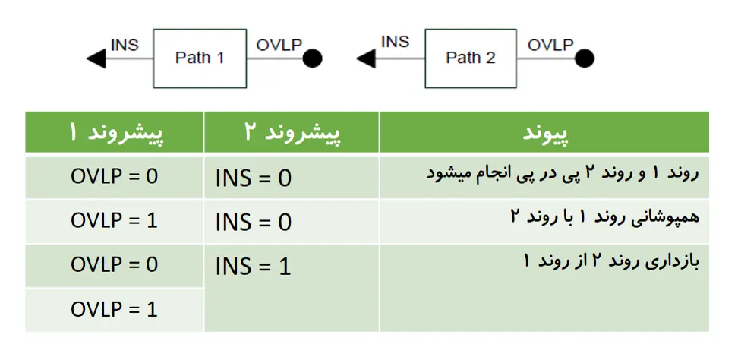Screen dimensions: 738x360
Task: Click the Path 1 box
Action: tap(200, 58)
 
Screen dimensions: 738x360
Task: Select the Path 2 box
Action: tap(471, 58)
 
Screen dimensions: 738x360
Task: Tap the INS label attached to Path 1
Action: tap(125, 45)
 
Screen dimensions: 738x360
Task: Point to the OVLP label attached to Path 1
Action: tap(279, 45)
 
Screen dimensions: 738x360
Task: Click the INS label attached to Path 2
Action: tap(396, 42)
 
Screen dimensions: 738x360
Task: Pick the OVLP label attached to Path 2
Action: tap(550, 45)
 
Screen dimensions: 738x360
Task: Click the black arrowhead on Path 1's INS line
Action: tap(96, 58)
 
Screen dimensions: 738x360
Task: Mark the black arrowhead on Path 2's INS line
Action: tap(366, 58)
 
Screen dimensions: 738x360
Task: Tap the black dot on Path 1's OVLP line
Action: tap(313, 58)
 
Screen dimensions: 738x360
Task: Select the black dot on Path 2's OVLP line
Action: tap(584, 58)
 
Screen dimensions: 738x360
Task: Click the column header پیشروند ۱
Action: tap(115, 133)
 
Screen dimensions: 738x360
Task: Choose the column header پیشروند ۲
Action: tap(292, 133)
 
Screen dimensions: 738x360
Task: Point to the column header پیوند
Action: tap(545, 133)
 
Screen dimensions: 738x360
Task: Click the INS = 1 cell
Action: tap(254, 267)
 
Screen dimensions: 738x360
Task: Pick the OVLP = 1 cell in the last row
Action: tap(115, 310)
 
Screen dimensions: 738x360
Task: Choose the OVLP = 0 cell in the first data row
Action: tap(115, 176)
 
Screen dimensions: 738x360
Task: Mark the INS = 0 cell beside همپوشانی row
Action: tap(254, 223)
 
